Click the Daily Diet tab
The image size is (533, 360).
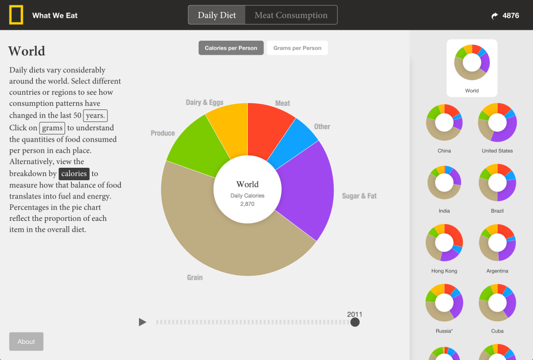pyautogui.click(x=217, y=15)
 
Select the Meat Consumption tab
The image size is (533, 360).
pyautogui.click(x=291, y=15)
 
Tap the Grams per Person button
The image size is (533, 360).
pyautogui.click(x=297, y=48)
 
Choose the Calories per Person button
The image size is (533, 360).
pyautogui.click(x=231, y=48)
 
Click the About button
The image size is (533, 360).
pyautogui.click(x=26, y=342)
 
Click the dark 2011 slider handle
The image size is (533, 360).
pyautogui.click(x=355, y=322)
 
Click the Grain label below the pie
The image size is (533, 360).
pyautogui.click(x=195, y=278)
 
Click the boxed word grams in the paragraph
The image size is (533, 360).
pyautogui.click(x=52, y=128)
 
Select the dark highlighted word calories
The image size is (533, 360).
pyautogui.click(x=74, y=173)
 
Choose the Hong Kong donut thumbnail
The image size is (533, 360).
pyautogui.click(x=444, y=243)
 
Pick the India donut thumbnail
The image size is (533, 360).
pyautogui.click(x=444, y=183)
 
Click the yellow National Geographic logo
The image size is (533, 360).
pyautogui.click(x=16, y=15)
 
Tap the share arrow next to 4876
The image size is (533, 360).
pyautogui.click(x=494, y=16)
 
